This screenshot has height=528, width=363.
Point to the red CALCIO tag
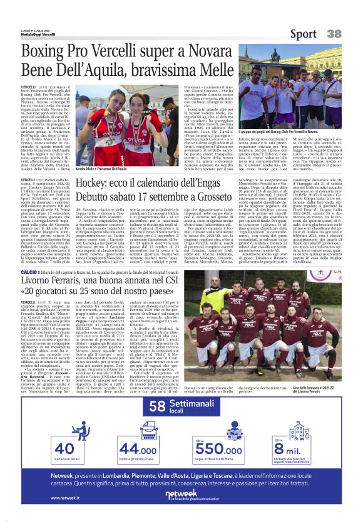(x=29, y=271)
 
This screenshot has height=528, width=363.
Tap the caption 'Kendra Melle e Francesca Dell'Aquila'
(x=101, y=169)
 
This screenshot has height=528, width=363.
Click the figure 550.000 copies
(x=218, y=449)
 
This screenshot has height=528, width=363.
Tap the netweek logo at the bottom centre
(x=181, y=494)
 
